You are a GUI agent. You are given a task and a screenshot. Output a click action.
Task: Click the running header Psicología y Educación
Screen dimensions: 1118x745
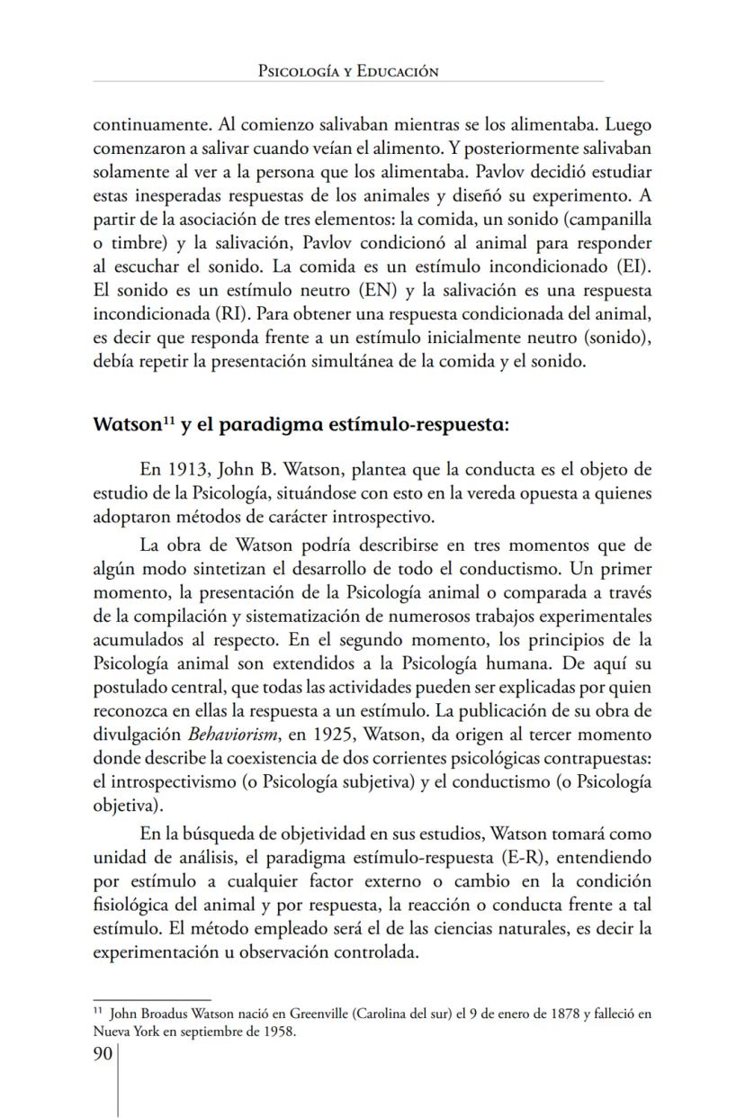347,71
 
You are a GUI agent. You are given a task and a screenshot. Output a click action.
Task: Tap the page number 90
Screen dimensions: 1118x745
103,1054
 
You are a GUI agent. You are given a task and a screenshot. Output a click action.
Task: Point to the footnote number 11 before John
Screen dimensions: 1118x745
99,1012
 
